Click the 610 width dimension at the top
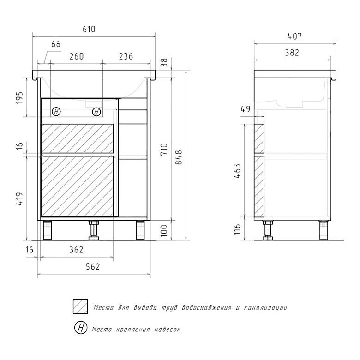click(x=89, y=29)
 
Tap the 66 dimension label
click(x=55, y=44)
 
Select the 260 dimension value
click(x=77, y=56)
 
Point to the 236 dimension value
click(x=126, y=56)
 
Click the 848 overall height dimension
click(x=179, y=157)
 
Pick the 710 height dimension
click(x=164, y=150)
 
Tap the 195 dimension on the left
click(x=19, y=97)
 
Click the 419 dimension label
click(x=19, y=198)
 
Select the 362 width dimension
click(x=76, y=250)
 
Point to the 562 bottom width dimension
click(x=93, y=267)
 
